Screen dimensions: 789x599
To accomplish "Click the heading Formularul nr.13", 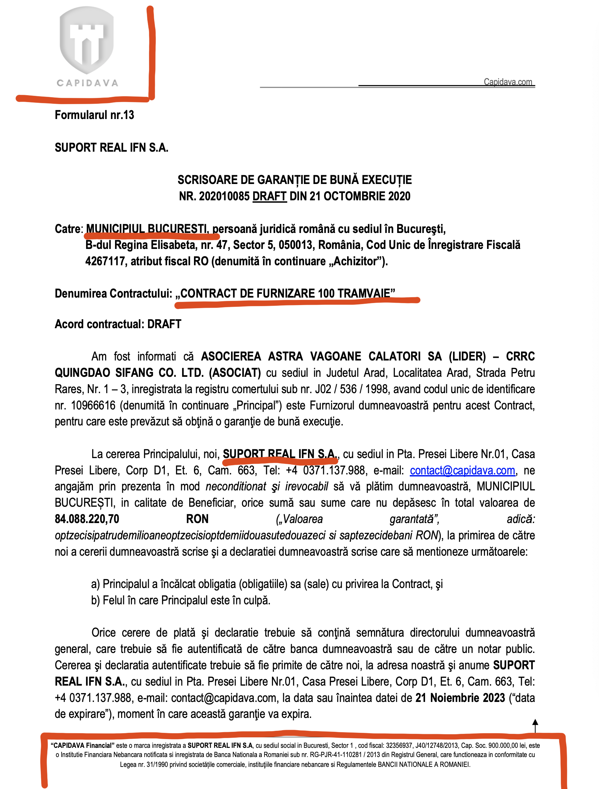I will coord(94,115).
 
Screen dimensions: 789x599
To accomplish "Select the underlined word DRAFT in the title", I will coord(270,196).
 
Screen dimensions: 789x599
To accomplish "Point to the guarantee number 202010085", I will coord(224,196).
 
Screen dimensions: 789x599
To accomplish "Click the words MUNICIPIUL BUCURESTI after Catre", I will coord(147,229).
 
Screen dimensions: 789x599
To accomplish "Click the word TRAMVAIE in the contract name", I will coord(364,293).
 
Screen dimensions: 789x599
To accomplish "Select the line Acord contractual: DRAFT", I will coord(118,324).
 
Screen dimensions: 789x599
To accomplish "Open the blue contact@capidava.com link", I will coord(462,470).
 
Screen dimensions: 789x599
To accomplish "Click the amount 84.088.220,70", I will coord(87,519).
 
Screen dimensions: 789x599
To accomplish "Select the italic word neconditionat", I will coord(236,487).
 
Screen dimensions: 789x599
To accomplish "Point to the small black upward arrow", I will coord(535,725).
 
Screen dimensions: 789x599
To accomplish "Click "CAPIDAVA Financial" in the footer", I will coord(82,745).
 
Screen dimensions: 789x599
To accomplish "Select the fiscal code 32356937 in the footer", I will coord(399,745).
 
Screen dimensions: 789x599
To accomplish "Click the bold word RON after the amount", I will coord(197,519).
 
